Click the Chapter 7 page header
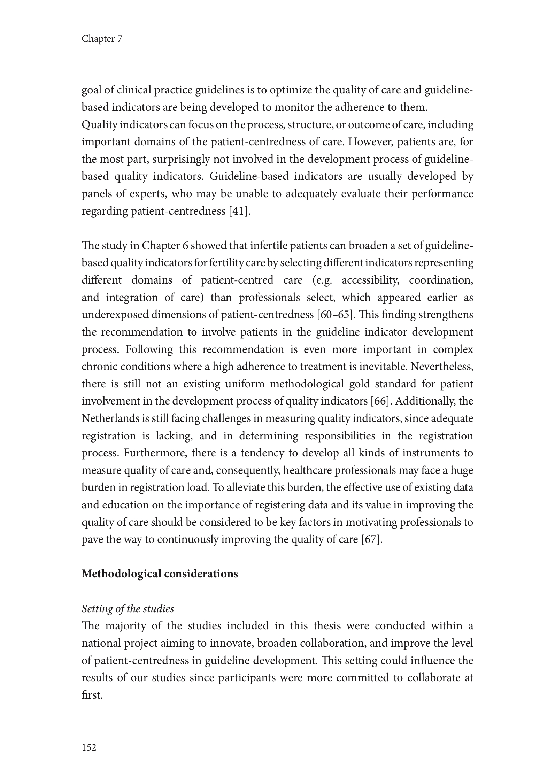pos(102,39)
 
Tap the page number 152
pos(89,747)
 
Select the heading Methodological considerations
pos(160,574)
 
